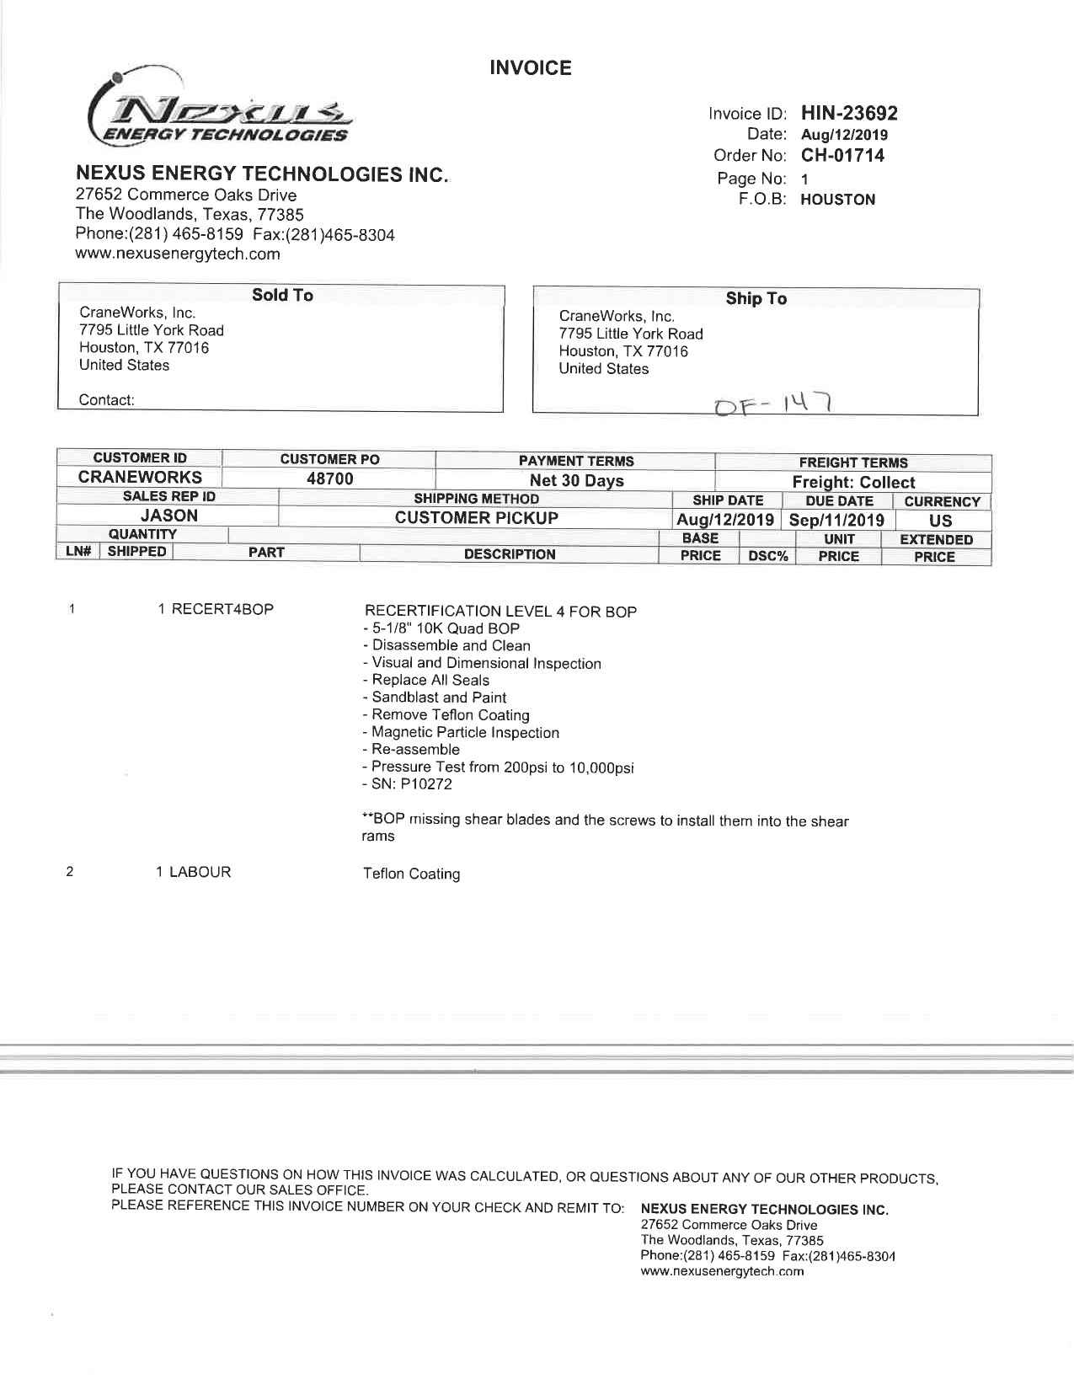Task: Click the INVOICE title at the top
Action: point(530,68)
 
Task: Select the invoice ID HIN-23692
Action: point(848,113)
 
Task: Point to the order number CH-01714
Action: point(842,156)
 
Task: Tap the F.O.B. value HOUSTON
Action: point(837,200)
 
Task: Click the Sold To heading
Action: point(282,295)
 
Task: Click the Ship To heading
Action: point(756,299)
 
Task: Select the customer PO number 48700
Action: point(329,479)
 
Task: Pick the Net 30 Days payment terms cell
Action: point(576,481)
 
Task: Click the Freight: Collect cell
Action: point(852,483)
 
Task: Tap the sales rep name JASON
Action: point(169,516)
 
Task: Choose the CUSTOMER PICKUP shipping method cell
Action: point(476,518)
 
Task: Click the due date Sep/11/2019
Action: point(836,520)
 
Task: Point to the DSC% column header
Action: point(767,556)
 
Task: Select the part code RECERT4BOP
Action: point(222,609)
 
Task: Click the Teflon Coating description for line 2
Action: point(411,874)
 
